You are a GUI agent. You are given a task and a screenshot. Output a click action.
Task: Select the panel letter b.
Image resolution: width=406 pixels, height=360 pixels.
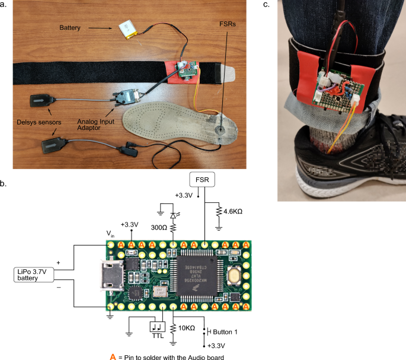point(4,184)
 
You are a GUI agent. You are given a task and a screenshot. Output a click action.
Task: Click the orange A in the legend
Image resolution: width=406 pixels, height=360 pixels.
point(113,356)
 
